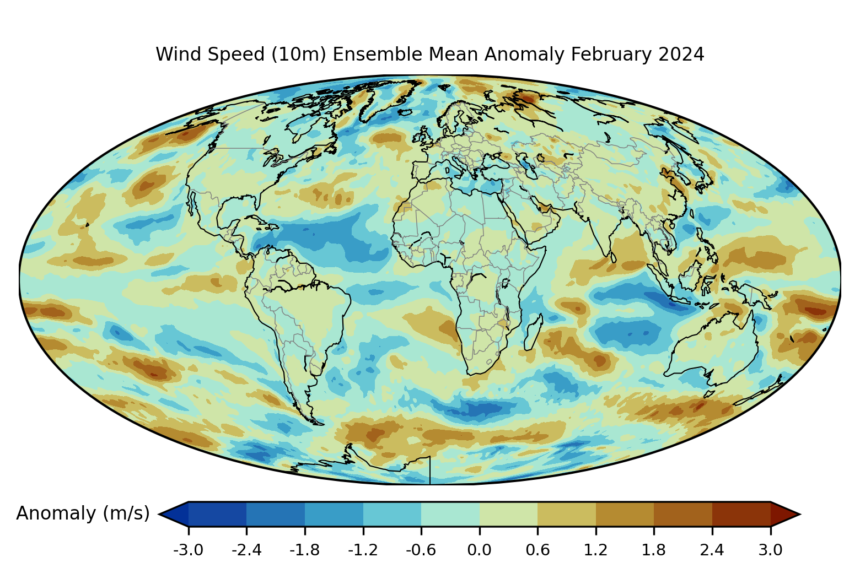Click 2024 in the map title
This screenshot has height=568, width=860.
coord(681,55)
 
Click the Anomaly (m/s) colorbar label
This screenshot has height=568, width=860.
coord(83,513)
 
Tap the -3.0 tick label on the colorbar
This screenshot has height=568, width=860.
coord(189,550)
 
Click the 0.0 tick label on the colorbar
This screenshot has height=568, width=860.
coord(479,550)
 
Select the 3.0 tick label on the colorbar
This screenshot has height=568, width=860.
coord(770,550)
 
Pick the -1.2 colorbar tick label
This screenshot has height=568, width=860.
coord(363,550)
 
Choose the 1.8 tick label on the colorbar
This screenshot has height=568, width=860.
coord(654,550)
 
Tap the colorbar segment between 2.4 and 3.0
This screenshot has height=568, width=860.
coord(741,514)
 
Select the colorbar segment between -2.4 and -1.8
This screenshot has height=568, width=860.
coord(276,514)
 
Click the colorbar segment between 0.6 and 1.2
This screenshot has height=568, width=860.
coord(567,514)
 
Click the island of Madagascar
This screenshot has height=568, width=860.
coord(533,332)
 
